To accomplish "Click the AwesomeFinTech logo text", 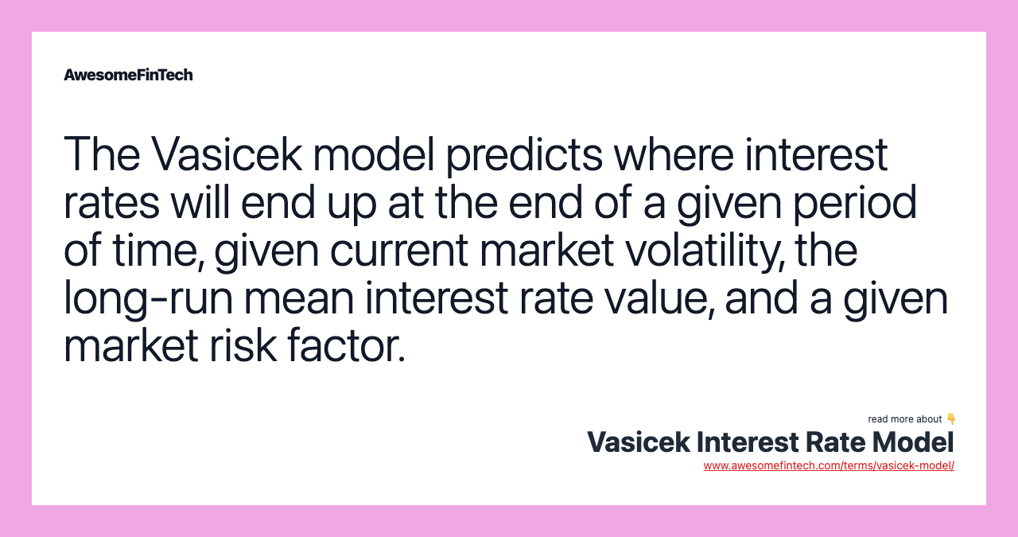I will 128,75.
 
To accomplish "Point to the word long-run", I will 148,299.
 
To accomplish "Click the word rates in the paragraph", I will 111,203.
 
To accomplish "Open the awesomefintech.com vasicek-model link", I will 829,466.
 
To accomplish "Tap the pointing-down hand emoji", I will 951,419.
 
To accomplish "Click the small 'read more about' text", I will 904,419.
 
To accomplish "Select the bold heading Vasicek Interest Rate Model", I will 770,442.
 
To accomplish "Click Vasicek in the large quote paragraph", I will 226,155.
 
